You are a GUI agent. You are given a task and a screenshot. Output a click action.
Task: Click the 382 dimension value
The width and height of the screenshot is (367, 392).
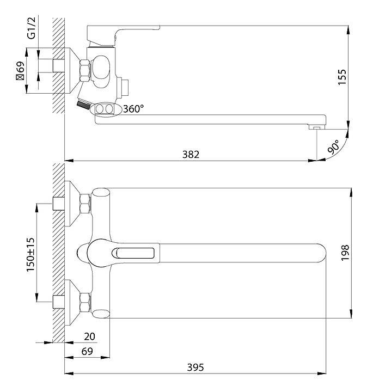191,154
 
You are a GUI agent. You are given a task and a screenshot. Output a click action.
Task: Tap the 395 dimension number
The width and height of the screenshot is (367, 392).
195,367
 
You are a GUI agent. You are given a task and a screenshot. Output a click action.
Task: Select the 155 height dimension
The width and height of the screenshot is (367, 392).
342,77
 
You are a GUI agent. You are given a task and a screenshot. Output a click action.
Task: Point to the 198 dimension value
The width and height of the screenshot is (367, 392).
345,253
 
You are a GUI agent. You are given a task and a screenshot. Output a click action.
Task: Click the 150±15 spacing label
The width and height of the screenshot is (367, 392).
30,254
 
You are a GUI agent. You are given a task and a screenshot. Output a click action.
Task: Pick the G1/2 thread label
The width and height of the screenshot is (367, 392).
32,28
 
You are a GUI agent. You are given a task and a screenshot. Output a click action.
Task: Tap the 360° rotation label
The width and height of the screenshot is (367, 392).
133,109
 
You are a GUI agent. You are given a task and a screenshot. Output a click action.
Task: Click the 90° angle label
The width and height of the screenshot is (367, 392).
334,147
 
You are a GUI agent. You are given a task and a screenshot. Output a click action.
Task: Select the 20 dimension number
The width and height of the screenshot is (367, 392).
89,336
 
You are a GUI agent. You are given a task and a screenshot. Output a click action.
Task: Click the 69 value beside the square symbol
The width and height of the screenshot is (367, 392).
21,67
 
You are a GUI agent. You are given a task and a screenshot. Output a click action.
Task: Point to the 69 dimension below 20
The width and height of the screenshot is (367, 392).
87,351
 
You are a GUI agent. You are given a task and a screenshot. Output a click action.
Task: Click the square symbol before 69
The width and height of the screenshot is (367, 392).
21,77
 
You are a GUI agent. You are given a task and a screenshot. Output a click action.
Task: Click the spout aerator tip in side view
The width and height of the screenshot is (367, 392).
317,127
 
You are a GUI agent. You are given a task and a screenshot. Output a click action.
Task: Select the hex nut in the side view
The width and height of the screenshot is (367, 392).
85,70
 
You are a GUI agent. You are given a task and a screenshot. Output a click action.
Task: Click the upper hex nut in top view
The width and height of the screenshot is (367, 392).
85,204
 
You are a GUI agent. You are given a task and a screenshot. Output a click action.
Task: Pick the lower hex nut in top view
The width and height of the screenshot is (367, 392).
85,303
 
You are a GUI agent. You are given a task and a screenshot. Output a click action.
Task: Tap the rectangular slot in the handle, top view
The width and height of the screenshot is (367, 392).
135,253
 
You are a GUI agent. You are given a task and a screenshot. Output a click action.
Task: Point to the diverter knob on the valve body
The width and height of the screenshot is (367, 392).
123,88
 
